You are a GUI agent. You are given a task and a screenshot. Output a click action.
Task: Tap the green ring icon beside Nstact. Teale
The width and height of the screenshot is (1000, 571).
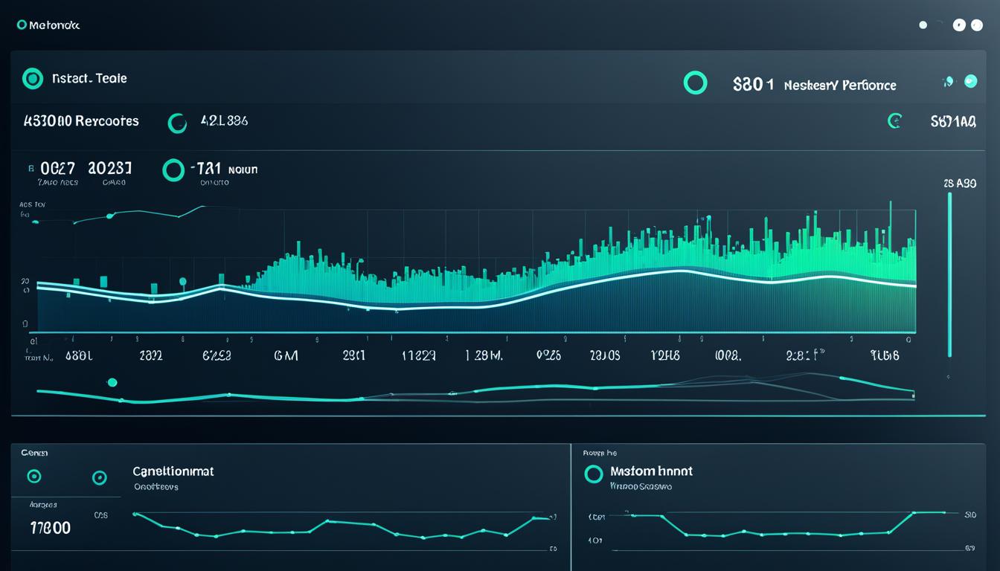(33, 78)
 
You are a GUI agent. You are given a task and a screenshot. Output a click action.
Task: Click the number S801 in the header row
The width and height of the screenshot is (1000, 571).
(748, 85)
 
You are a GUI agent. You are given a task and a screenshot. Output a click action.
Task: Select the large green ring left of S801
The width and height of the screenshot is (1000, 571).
(695, 83)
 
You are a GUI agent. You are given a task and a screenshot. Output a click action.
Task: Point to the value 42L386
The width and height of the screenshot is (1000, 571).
(224, 121)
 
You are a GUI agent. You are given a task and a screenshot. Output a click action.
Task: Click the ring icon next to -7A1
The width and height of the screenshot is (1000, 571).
(173, 170)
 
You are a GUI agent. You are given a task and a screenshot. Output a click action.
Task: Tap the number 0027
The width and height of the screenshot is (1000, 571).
(57, 169)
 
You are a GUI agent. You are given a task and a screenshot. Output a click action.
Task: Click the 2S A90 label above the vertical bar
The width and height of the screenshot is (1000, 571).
(959, 183)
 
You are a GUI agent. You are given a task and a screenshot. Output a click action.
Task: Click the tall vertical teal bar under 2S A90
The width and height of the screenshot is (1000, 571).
(949, 275)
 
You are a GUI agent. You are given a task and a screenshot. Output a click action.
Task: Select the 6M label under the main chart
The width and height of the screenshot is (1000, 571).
(286, 356)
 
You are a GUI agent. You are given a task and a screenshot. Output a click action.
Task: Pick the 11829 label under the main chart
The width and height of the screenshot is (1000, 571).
(418, 356)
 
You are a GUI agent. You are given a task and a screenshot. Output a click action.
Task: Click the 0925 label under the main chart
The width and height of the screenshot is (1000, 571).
(548, 356)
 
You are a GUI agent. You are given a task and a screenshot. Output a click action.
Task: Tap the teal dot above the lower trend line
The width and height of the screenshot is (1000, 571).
(112, 382)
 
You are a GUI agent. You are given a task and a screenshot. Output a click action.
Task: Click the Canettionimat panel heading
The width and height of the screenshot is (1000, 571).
(173, 471)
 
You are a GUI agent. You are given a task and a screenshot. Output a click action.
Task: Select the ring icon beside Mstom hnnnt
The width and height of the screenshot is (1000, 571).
(593, 474)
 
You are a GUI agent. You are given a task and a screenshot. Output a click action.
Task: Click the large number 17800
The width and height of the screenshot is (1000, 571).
(50, 528)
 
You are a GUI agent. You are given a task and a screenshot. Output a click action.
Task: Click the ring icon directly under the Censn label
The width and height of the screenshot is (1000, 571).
(33, 477)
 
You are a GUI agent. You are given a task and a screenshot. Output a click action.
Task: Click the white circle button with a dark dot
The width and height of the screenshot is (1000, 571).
(959, 25)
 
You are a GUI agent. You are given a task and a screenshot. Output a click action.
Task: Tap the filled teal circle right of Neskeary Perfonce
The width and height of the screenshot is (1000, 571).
(970, 82)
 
